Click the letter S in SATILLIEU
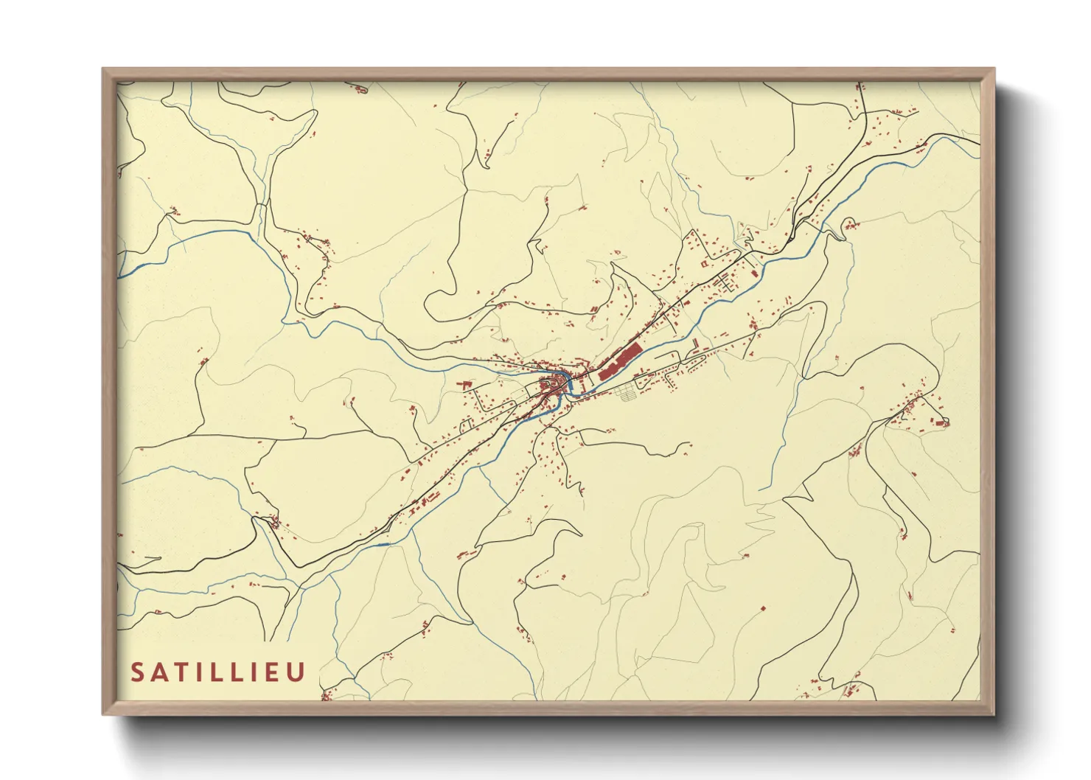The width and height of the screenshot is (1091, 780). tap(138, 672)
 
